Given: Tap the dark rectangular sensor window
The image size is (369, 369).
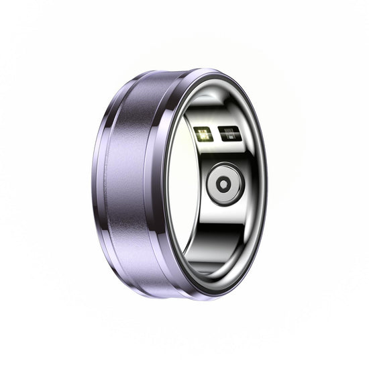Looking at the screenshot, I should (x=228, y=134).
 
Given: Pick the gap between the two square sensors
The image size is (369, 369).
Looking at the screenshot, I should (x=215, y=134).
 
